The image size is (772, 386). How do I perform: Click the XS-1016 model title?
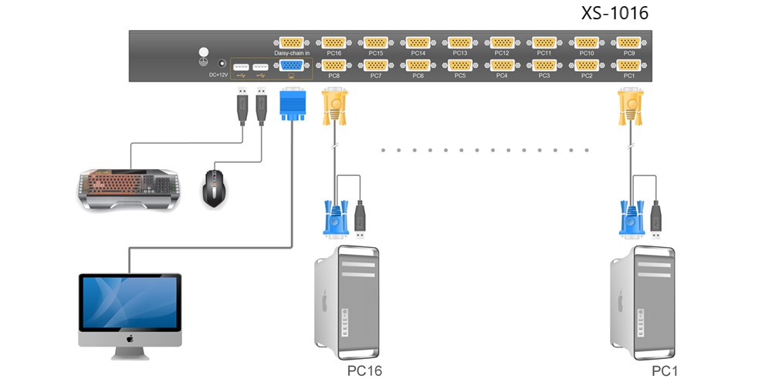pyautogui.click(x=615, y=13)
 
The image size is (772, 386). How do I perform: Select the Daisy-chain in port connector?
pyautogui.click(x=292, y=42)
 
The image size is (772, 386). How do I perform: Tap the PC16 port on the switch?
pyautogui.click(x=334, y=42)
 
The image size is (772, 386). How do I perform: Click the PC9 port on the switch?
pyautogui.click(x=628, y=42)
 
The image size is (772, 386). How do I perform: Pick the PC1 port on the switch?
pyautogui.click(x=628, y=65)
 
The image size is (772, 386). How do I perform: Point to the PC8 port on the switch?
pyautogui.click(x=334, y=65)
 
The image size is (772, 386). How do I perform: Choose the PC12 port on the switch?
pyautogui.click(x=503, y=42)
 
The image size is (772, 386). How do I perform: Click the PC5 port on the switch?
pyautogui.click(x=460, y=65)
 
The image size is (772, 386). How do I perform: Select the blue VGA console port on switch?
pyautogui.click(x=292, y=65)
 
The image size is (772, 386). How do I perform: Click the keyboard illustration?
pyautogui.click(x=129, y=189)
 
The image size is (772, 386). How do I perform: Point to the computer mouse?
pyautogui.click(x=215, y=188)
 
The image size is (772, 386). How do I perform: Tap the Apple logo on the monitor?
pyautogui.click(x=130, y=339)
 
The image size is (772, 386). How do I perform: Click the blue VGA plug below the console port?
pyautogui.click(x=293, y=103)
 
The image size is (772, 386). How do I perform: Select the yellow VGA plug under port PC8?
pyautogui.click(x=335, y=105)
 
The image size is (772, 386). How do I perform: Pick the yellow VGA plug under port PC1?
pyautogui.click(x=631, y=105)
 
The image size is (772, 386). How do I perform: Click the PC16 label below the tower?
pyautogui.click(x=364, y=371)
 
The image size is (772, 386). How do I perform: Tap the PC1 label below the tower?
pyautogui.click(x=665, y=371)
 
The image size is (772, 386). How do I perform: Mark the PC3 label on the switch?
pyautogui.click(x=544, y=76)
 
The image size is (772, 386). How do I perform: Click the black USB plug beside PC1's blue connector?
pyautogui.click(x=655, y=219)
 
